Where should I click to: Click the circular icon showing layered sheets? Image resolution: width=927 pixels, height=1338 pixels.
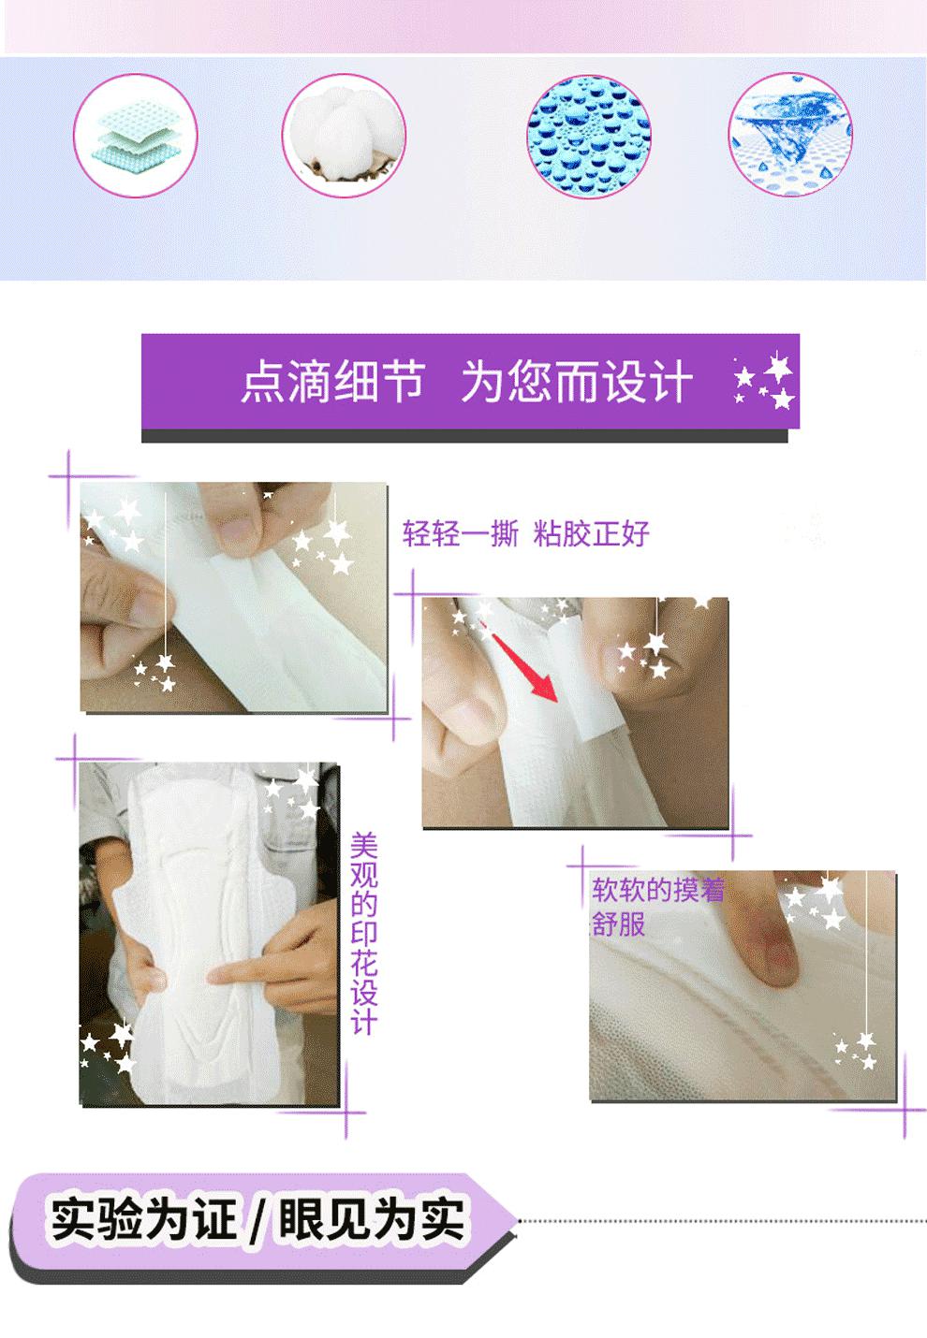point(136,136)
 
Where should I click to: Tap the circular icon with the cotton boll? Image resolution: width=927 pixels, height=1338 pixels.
point(344,136)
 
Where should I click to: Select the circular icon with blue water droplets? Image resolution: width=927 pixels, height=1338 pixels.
point(589,136)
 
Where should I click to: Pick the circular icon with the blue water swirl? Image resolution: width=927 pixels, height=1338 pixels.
point(790,136)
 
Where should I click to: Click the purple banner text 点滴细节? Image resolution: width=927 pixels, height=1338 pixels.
point(332,381)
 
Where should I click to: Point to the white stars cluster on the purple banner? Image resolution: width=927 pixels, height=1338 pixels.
point(764,381)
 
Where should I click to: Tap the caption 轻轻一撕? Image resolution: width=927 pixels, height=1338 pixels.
point(460,532)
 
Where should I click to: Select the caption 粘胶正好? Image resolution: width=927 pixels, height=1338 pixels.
point(591,532)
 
